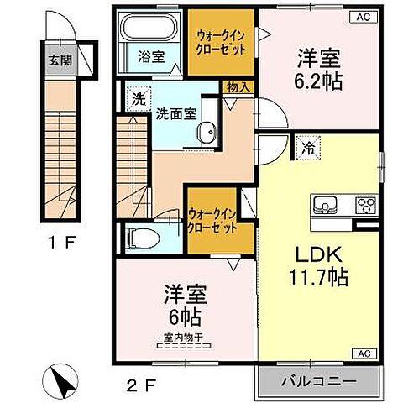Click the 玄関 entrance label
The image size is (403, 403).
51,60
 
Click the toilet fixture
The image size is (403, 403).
143,238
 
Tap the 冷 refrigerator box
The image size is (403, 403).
308,148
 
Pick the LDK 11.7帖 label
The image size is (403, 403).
319,264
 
